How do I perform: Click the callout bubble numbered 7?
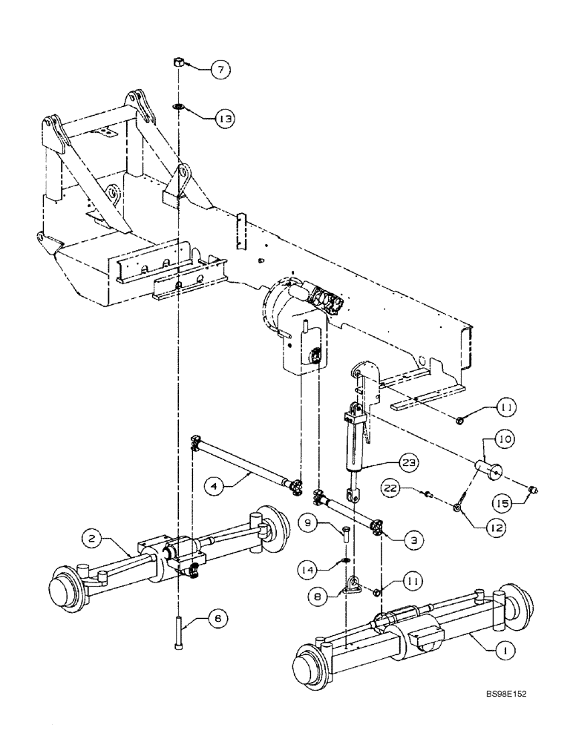[219, 70]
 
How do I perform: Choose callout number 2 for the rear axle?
[91, 540]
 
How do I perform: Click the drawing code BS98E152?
[507, 715]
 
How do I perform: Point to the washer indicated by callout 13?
[179, 107]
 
